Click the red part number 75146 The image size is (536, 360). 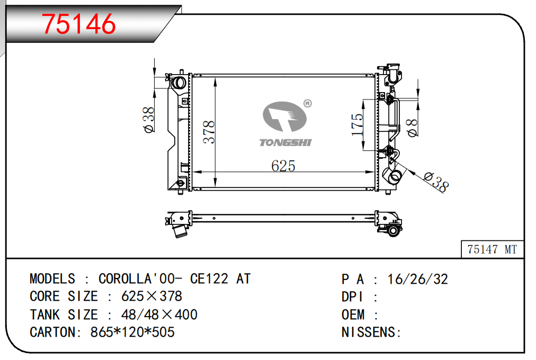pyautogui.click(x=78, y=24)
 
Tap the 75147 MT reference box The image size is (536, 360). pyautogui.click(x=492, y=249)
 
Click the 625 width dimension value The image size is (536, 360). pyautogui.click(x=283, y=166)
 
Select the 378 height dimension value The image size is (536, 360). pyautogui.click(x=209, y=132)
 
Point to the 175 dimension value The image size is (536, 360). pyautogui.click(x=357, y=124)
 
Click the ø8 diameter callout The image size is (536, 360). pyautogui.click(x=412, y=128)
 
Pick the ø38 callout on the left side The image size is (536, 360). pyautogui.click(x=149, y=120)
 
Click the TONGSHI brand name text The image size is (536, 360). pyautogui.click(x=285, y=142)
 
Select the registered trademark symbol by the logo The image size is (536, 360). pyautogui.click(x=307, y=103)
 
